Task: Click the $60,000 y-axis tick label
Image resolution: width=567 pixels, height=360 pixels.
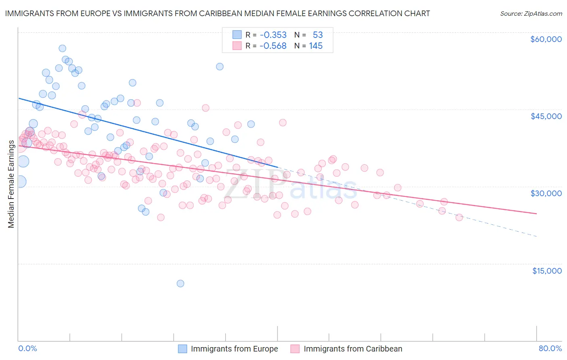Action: pyautogui.click(x=546, y=39)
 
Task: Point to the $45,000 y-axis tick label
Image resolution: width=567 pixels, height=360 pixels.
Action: pyautogui.click(x=546, y=116)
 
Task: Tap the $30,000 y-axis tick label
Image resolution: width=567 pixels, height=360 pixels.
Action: pyautogui.click(x=546, y=193)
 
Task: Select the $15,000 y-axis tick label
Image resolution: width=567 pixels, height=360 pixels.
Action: pyautogui.click(x=547, y=271)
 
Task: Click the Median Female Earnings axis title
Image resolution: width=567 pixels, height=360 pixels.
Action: pyautogui.click(x=11, y=184)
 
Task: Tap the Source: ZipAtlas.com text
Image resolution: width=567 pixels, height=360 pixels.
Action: pyautogui.click(x=531, y=13)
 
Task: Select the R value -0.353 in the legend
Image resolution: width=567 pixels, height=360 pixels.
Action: pyautogui.click(x=273, y=35)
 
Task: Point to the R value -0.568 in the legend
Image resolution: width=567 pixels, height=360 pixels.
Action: pyautogui.click(x=273, y=46)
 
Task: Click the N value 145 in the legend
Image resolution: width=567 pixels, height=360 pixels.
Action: pyautogui.click(x=316, y=46)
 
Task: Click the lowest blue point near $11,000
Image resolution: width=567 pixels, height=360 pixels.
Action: pyautogui.click(x=180, y=284)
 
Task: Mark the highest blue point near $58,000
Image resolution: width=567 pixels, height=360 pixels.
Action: pyautogui.click(x=63, y=48)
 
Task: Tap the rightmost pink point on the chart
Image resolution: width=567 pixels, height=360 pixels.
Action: pyautogui.click(x=459, y=218)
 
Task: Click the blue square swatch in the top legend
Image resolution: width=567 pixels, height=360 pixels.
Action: pyautogui.click(x=237, y=35)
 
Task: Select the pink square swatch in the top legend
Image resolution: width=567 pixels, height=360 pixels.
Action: pyautogui.click(x=237, y=46)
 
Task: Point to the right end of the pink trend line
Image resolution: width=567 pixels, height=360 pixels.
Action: pyautogui.click(x=536, y=213)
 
